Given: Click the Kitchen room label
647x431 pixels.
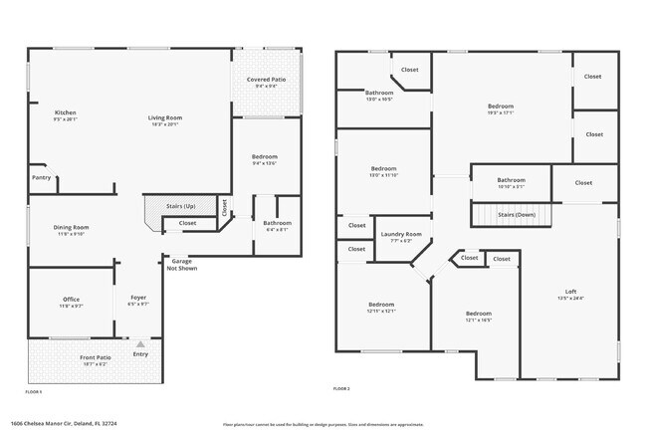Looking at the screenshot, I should (66, 112).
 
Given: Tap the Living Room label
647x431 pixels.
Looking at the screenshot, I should (166, 117).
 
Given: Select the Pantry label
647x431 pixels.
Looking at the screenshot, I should (41, 177).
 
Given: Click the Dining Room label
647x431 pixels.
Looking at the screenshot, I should (72, 227).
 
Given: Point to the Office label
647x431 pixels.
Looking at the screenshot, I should (70, 299).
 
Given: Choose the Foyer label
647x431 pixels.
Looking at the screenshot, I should (138, 298).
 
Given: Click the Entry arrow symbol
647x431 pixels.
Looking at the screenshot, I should (140, 343).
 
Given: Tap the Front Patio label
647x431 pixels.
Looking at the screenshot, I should (96, 357).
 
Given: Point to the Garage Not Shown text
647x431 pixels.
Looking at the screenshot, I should (182, 264).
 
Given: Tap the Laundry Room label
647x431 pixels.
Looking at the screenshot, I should (401, 234).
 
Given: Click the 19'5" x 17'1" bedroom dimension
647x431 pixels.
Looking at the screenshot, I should (500, 112).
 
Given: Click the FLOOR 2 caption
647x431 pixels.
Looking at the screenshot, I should (341, 388).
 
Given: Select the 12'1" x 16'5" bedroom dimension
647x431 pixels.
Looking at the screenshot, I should (478, 320).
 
